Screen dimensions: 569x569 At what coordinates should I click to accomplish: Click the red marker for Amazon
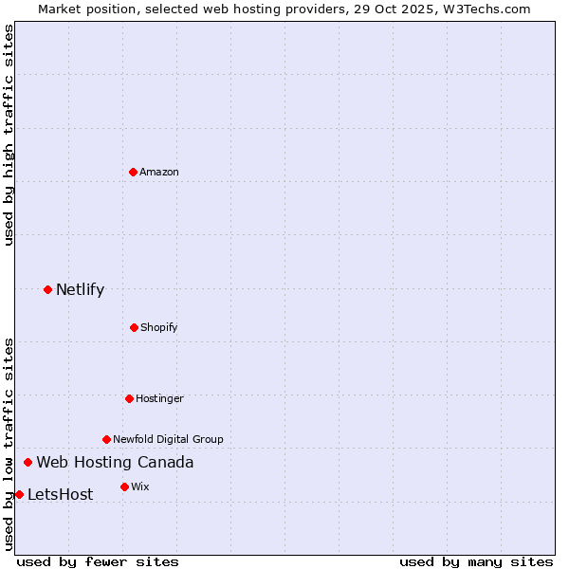(133, 172)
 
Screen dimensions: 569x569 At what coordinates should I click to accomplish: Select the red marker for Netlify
(47, 289)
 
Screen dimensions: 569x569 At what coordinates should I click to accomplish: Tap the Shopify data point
(134, 327)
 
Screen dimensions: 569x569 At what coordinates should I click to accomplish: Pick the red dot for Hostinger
(129, 398)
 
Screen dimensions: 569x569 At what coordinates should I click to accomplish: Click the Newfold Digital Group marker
(106, 439)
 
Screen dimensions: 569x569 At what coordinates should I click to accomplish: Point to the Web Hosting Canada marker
(28, 463)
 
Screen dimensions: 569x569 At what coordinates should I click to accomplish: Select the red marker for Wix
(124, 486)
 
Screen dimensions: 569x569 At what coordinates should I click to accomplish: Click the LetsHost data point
(19, 494)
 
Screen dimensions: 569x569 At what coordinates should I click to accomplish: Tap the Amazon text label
(159, 172)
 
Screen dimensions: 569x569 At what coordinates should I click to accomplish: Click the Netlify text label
(80, 289)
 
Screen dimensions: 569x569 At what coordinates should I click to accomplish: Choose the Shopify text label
(159, 327)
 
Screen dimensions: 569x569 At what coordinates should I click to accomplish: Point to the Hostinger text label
(159, 398)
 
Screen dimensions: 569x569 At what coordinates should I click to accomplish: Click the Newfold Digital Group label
(168, 439)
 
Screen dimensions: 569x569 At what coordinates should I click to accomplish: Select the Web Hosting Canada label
(115, 463)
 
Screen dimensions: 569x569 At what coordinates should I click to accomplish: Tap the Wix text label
(140, 486)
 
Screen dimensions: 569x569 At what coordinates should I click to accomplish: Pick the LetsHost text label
(60, 494)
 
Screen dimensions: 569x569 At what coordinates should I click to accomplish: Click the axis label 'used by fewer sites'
(98, 561)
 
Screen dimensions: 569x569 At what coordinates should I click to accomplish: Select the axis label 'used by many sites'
(476, 561)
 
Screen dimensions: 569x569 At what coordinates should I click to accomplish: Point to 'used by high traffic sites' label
(9, 135)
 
